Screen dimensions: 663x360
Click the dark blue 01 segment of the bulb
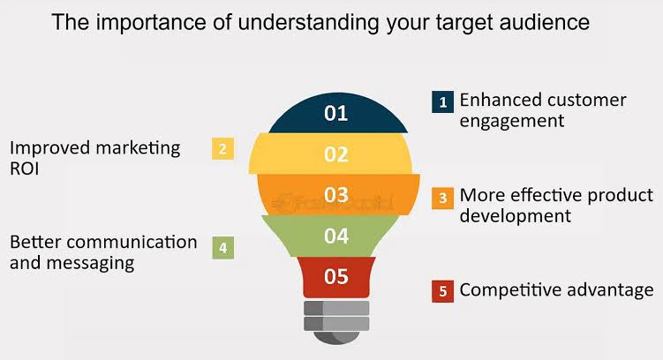click(x=337, y=113)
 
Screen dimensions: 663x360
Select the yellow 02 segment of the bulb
click(x=331, y=154)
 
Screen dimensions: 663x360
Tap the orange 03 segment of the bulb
click(x=338, y=195)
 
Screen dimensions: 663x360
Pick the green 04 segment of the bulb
click(x=331, y=236)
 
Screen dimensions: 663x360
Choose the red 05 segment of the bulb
click(x=336, y=277)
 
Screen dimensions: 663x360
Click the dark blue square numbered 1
click(x=442, y=101)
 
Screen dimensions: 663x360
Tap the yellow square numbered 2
click(x=222, y=149)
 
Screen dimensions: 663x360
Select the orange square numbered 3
click(x=442, y=199)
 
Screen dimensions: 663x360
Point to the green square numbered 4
click(x=222, y=248)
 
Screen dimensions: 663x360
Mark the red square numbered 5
click(x=442, y=291)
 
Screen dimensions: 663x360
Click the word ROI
click(x=25, y=169)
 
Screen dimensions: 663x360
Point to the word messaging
click(x=90, y=264)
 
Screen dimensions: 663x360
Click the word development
click(x=516, y=216)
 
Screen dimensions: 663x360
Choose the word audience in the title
click(x=545, y=22)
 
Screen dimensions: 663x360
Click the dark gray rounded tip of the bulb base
click(x=336, y=337)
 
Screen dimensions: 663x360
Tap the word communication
click(x=132, y=242)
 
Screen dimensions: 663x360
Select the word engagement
click(x=512, y=121)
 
